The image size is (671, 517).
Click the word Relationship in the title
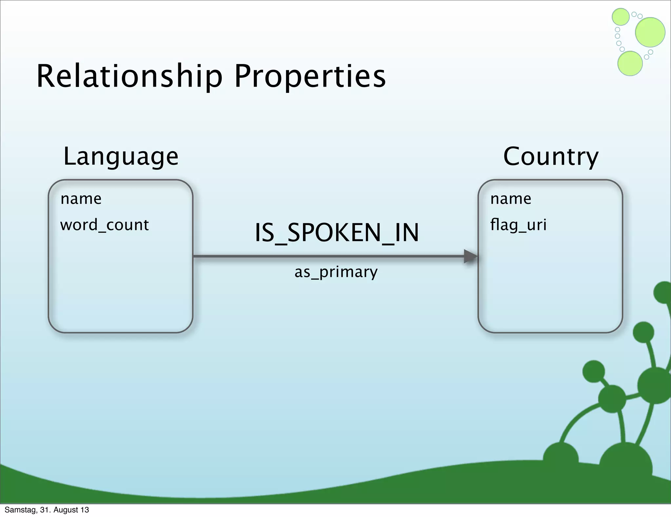tap(129, 77)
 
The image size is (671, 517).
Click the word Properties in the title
tap(310, 77)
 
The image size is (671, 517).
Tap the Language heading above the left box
tap(121, 157)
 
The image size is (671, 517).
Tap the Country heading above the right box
tap(550, 157)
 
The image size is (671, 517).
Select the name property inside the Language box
tap(81, 199)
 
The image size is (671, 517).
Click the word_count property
tap(104, 225)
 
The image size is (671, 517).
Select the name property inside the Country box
tap(510, 199)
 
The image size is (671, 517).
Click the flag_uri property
tap(518, 225)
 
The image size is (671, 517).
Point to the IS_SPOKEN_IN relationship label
tap(336, 233)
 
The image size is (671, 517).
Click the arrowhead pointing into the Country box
tap(470, 257)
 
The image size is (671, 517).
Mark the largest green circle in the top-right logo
tap(650, 32)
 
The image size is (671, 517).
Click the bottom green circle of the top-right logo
tap(630, 63)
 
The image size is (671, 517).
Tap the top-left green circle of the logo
tap(621, 17)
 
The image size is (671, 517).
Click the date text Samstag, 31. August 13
tap(47, 510)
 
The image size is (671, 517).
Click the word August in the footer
tap(66, 510)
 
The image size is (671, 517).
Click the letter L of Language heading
tap(69, 157)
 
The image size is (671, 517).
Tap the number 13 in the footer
tap(85, 510)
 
